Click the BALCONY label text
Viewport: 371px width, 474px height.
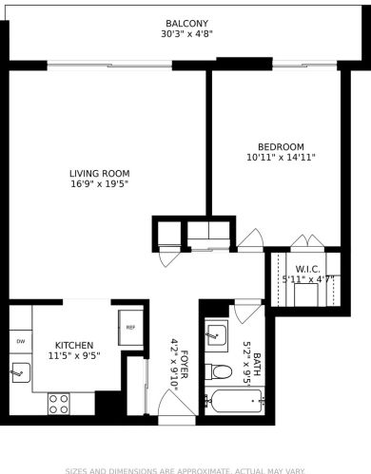[x=186, y=23]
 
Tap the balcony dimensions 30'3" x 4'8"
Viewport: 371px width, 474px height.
[x=186, y=35]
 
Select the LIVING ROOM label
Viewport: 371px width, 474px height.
[x=99, y=173]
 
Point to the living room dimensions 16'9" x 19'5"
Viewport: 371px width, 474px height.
[x=99, y=185]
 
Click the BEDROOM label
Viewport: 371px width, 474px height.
[x=280, y=145]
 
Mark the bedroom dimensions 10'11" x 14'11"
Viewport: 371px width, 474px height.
[x=280, y=158]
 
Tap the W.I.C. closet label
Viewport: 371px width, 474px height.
[x=306, y=268]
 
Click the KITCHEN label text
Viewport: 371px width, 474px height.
[x=73, y=345]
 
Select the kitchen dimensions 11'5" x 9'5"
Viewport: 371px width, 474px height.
[x=73, y=356]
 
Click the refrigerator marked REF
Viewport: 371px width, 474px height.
[x=130, y=328]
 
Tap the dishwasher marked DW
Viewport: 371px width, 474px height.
[x=20, y=340]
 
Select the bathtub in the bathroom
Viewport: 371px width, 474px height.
[x=233, y=401]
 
